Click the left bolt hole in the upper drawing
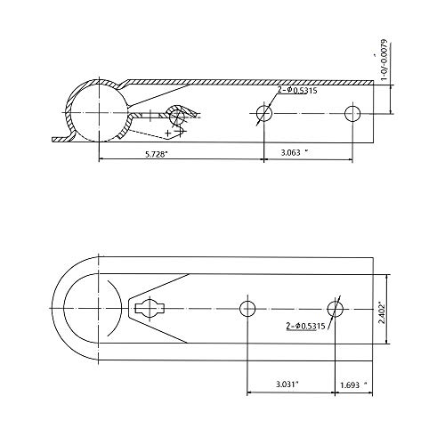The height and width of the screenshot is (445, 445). tap(263, 113)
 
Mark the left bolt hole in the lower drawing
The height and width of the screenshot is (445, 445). tap(247, 307)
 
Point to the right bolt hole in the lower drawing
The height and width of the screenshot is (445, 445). tap(335, 307)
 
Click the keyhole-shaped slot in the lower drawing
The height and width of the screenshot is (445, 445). tap(148, 307)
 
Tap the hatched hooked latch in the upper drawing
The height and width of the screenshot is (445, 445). tap(183, 115)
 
